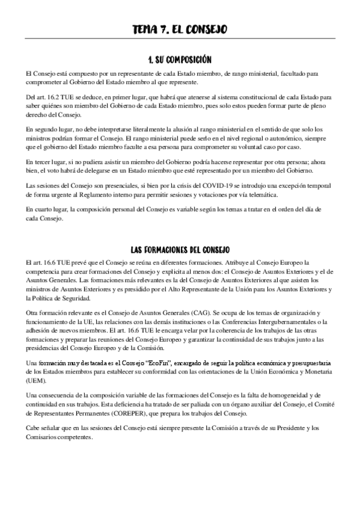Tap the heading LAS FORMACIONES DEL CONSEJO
(180, 250)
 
